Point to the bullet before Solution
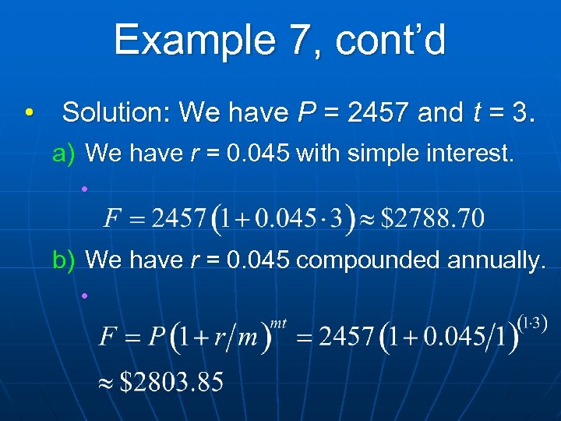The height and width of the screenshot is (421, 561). pos(29,113)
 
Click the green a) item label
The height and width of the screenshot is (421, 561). pos(63,154)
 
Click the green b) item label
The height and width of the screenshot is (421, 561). pos(63,260)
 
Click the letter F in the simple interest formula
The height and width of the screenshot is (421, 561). pos(114,216)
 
